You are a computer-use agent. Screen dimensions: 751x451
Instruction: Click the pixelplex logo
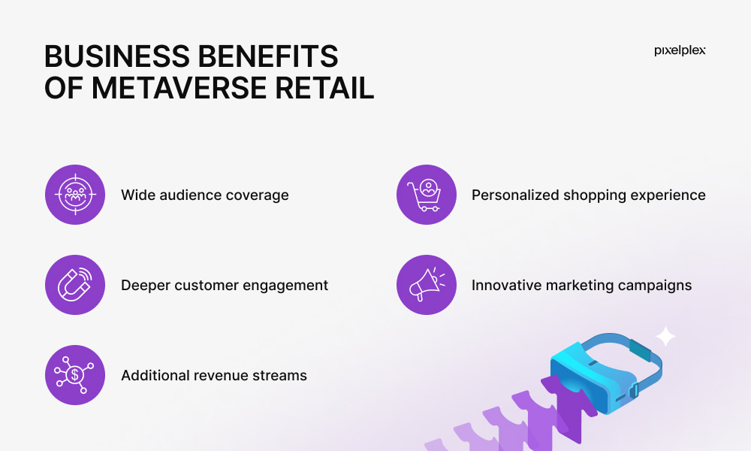tap(680, 50)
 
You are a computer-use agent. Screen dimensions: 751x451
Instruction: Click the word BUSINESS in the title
tap(117, 56)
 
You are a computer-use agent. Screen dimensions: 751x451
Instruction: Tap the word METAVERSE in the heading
tap(179, 88)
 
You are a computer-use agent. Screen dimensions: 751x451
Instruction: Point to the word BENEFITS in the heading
tap(268, 56)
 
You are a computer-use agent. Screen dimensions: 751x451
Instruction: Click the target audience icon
tap(75, 195)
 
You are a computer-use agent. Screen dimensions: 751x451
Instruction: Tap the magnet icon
tap(75, 285)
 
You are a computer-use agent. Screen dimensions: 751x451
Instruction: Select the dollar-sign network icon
tap(75, 375)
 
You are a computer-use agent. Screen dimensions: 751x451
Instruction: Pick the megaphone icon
tap(427, 285)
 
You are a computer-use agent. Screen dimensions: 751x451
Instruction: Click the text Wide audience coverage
tap(205, 195)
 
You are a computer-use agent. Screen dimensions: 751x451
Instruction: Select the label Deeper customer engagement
tap(225, 285)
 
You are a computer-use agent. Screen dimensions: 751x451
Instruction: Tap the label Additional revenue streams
tap(214, 375)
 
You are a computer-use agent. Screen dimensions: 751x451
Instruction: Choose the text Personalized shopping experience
tap(589, 195)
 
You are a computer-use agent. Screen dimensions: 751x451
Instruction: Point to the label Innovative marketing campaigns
tap(582, 285)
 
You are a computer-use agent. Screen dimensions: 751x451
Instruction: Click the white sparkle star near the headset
tap(665, 337)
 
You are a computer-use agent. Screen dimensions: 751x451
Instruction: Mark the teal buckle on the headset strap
tap(640, 350)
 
